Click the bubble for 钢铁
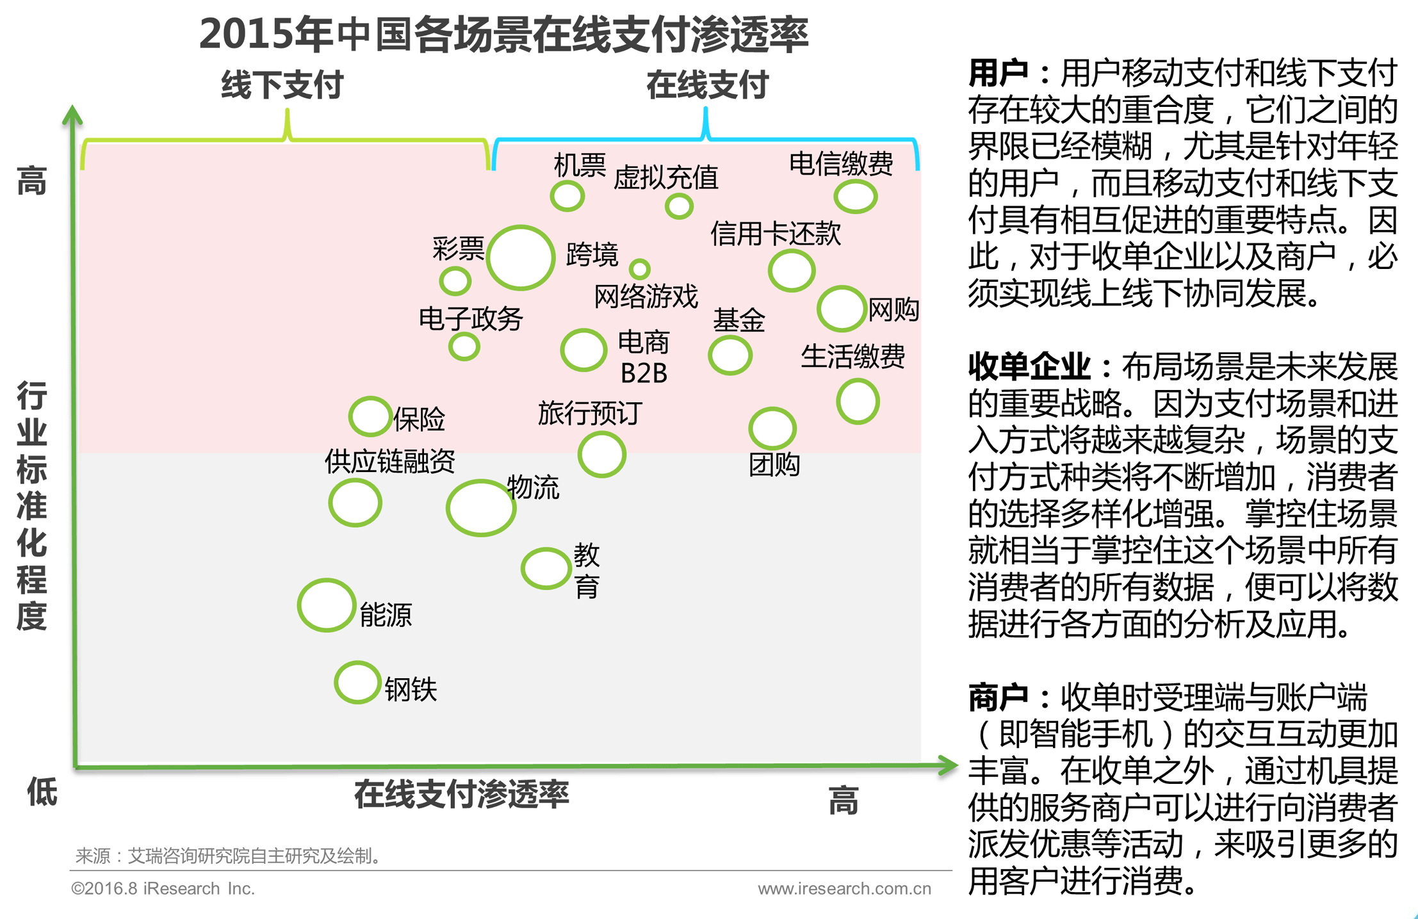357,682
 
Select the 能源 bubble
327,605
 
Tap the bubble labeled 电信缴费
855,196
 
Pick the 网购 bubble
842,309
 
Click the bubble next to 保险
370,416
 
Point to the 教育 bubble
546,568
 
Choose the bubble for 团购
772,428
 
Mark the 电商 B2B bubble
583,350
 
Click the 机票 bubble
567,196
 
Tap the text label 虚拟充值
665,177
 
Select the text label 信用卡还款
775,233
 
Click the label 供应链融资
389,460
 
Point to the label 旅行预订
589,413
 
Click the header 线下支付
282,85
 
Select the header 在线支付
707,85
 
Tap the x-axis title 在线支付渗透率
461,794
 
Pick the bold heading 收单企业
1029,367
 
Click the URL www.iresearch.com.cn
844,888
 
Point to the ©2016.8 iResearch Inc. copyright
163,888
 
